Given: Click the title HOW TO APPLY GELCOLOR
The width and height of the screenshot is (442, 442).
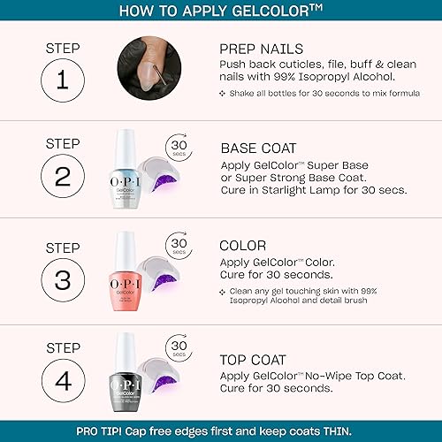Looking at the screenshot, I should tap(220, 11).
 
